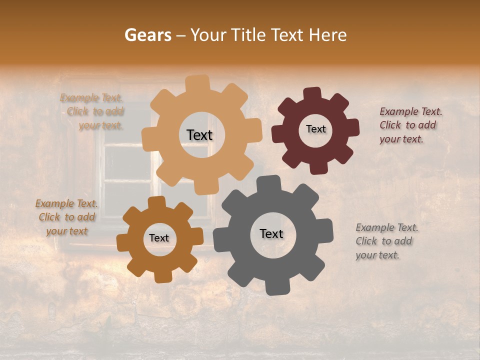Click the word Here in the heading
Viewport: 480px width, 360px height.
coord(328,35)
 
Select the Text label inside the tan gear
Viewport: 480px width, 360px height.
coord(199,135)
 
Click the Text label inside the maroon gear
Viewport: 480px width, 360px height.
coord(315,129)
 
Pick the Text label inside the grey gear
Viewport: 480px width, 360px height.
coord(271,233)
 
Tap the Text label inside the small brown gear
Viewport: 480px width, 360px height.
coord(159,238)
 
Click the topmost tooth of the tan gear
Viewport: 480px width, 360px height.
coord(198,83)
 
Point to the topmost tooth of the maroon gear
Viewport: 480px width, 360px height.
coord(312,94)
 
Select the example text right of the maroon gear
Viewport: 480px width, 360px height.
coord(410,125)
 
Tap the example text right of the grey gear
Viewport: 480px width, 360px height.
coord(386,241)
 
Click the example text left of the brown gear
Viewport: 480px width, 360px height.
coord(66,217)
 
